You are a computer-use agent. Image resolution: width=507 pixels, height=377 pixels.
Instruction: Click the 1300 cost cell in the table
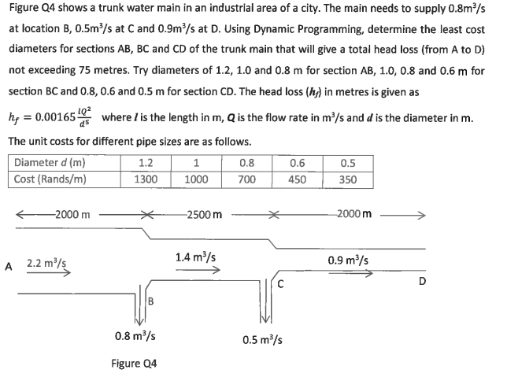145,179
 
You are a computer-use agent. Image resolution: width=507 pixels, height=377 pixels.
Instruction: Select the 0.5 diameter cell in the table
347,164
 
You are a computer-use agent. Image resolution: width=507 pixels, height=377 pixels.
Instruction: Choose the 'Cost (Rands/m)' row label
50,179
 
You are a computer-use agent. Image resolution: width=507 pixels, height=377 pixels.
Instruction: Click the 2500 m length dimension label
203,214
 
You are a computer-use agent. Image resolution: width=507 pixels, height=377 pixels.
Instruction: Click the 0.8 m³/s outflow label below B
135,336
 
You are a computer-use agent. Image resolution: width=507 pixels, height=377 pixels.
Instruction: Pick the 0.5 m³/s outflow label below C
264,340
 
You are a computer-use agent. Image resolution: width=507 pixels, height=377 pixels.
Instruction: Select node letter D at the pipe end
423,280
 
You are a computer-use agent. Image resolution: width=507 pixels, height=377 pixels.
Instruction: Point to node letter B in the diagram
150,300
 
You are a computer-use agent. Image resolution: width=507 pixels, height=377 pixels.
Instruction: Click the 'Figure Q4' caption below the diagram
134,364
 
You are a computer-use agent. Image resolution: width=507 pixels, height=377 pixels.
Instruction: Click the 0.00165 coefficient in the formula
51,118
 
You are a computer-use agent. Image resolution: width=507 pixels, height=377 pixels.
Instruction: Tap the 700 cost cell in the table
246,179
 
